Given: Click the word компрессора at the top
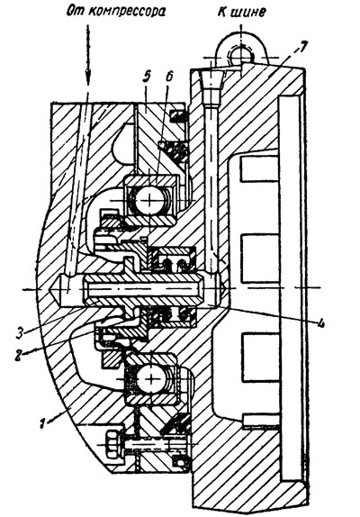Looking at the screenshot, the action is (127, 13).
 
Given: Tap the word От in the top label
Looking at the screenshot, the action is (76, 11).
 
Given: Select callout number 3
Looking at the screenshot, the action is (20, 331).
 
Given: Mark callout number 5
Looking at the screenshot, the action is (147, 77).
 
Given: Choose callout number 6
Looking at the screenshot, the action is (169, 77).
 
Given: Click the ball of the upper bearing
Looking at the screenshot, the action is (150, 199).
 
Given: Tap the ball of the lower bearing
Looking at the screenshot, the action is (150, 379).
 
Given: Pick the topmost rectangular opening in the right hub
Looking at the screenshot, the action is (260, 169).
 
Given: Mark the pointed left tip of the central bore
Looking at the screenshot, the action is (50, 289).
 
